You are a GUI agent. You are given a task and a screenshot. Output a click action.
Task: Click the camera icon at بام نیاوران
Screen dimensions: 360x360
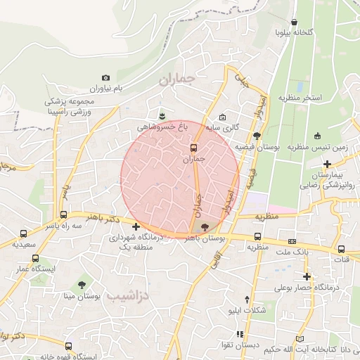[x=106, y=78]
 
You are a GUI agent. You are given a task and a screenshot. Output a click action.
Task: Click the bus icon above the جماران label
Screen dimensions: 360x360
[x=194, y=148]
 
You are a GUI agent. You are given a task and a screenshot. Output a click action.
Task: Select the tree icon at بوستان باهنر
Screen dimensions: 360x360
[x=205, y=227]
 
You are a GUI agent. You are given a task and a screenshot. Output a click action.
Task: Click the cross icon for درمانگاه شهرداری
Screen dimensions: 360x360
[x=136, y=226]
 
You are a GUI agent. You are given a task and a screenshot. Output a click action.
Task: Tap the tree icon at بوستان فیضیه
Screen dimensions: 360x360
[x=257, y=136]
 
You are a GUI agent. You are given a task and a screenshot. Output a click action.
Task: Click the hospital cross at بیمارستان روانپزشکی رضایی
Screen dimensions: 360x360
[x=327, y=163]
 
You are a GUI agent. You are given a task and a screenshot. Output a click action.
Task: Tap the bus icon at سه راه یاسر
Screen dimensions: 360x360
[x=64, y=214]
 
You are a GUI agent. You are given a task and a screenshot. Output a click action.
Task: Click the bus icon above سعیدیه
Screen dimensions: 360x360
[x=23, y=233]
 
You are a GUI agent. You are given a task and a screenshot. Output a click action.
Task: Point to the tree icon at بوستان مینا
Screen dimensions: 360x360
[x=83, y=285]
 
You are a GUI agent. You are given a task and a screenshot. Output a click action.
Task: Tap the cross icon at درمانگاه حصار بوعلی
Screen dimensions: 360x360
[x=307, y=276]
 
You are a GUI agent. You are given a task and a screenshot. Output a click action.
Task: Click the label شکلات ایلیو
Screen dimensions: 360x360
[x=252, y=310]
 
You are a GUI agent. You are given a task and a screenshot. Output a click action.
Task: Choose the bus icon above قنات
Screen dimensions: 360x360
[x=342, y=248]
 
